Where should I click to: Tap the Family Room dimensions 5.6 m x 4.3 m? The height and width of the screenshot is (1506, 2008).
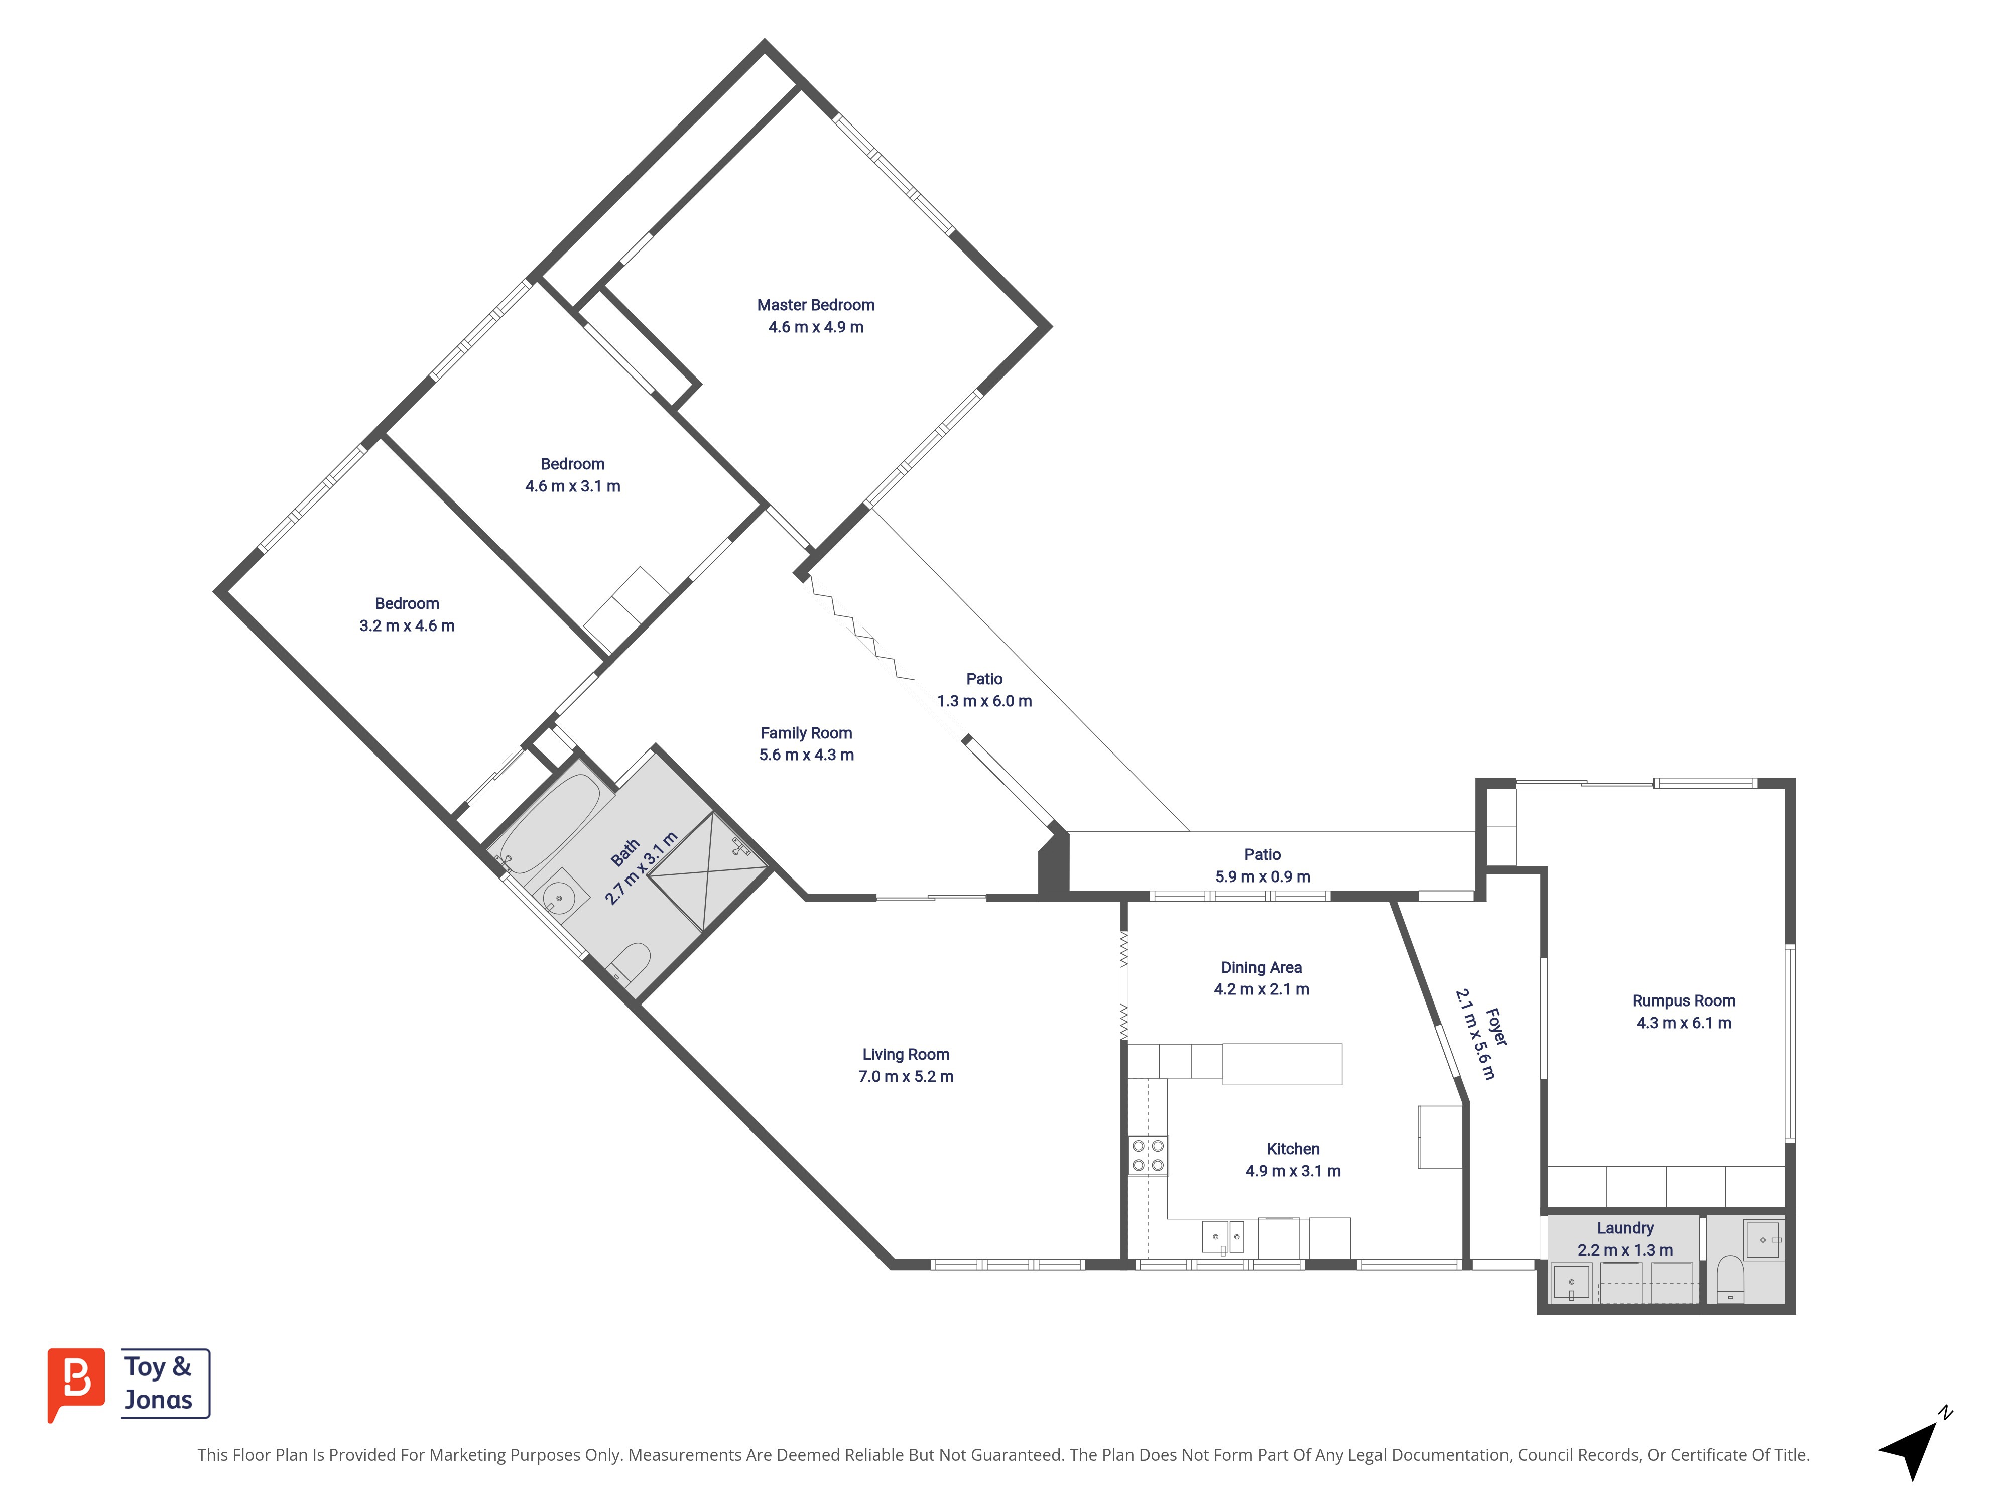[806, 755]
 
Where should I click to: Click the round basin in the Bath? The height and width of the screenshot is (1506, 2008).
[559, 899]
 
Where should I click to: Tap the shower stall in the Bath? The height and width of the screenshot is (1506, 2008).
[708, 871]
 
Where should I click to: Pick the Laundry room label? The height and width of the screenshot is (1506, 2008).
[1625, 1228]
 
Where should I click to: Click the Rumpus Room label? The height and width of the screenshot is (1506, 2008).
[1683, 1000]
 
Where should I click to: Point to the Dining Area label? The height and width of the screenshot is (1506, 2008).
[1261, 968]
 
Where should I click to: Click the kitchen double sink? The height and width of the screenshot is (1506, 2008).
[1223, 1236]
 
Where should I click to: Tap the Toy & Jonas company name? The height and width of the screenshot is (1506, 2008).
[159, 1383]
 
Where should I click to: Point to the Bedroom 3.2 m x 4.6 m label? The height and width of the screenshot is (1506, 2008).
[407, 614]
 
